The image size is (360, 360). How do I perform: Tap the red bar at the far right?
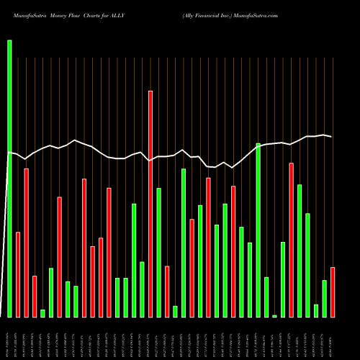pos(333,292)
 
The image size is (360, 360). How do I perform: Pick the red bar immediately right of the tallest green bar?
pos(18,274)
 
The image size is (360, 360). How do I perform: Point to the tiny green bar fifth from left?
pos(42,312)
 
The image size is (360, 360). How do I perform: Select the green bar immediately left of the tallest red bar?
pos(142,289)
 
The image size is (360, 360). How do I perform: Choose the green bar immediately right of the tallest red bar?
pos(158,252)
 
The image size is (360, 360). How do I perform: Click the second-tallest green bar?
pos(258,230)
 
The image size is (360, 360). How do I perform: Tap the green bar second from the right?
pos(324,298)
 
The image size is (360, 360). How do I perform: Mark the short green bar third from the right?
pos(316,310)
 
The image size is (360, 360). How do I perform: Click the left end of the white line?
pos(9,153)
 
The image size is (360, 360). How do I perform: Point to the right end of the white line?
pos(331,136)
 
